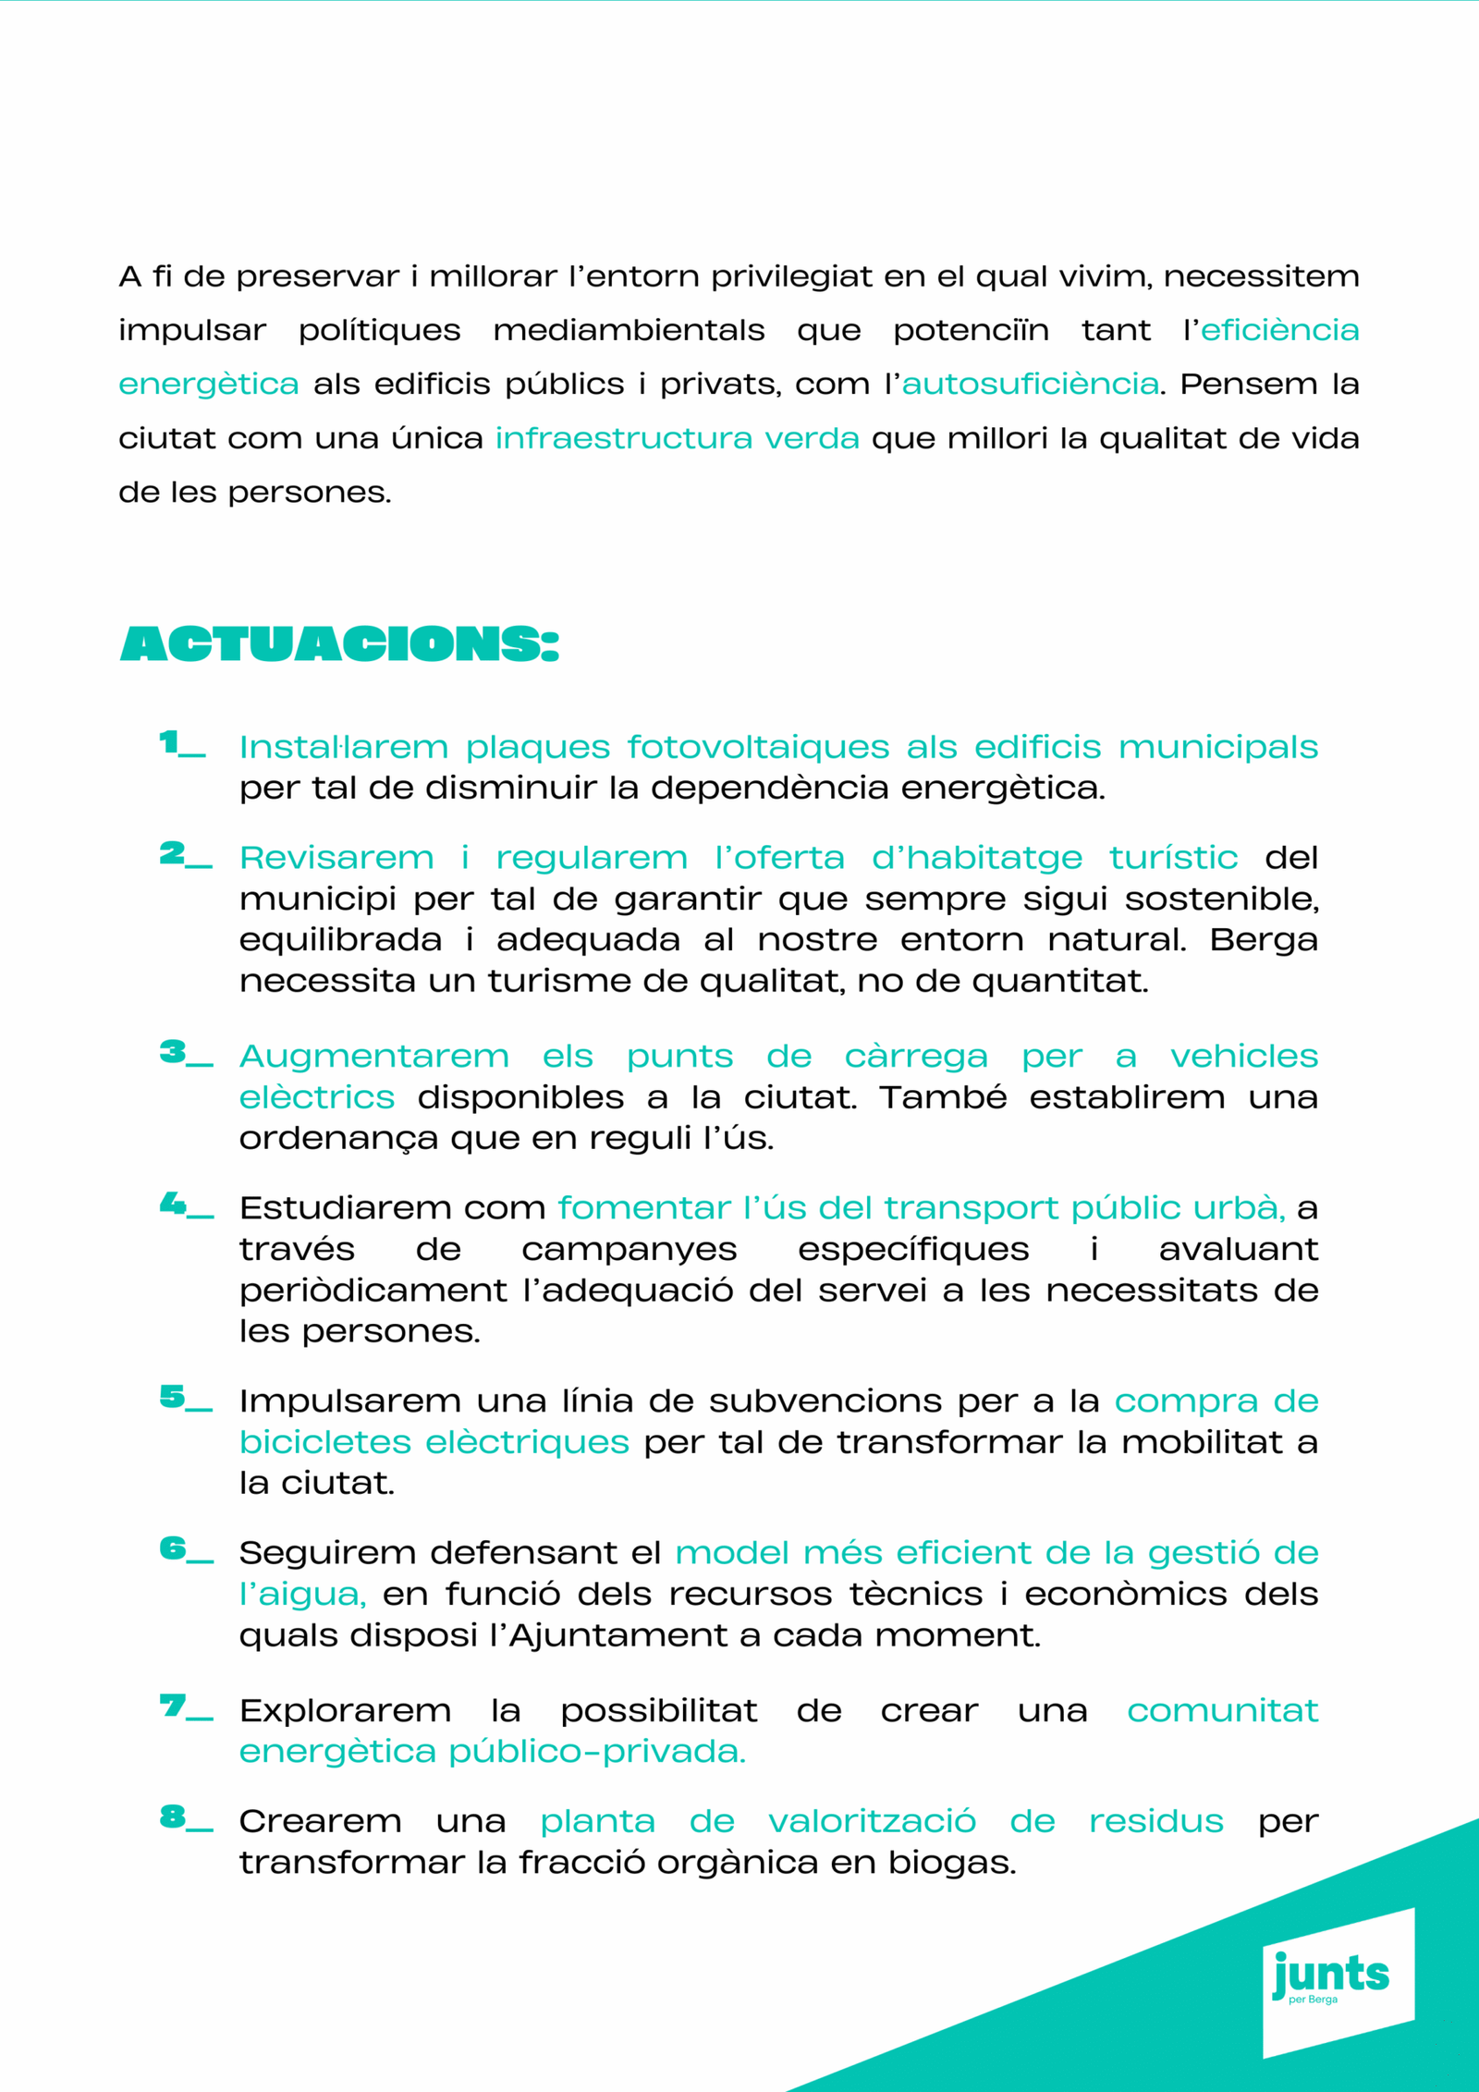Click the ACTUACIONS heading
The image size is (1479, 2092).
[x=339, y=644]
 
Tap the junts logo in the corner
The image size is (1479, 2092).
[x=1331, y=1976]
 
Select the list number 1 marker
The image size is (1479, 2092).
[x=182, y=744]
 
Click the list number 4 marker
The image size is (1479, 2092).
[x=186, y=1205]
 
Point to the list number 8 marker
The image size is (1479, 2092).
[x=186, y=1817]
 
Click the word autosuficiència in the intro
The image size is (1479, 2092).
[x=1030, y=384]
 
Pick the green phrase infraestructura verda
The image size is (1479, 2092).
[x=677, y=438]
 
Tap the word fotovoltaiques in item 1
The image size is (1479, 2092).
[x=758, y=747]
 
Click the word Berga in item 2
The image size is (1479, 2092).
[x=1263, y=940]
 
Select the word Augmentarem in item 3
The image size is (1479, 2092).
[x=373, y=1056]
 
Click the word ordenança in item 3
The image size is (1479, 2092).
[x=337, y=1138]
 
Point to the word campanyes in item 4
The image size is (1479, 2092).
[x=629, y=1250]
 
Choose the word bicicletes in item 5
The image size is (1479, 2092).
[x=324, y=1442]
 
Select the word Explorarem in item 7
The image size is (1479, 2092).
[x=345, y=1711]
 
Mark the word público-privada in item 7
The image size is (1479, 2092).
[x=597, y=1752]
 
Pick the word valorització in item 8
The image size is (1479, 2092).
[x=872, y=1821]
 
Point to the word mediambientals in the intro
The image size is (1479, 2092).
[x=629, y=330]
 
